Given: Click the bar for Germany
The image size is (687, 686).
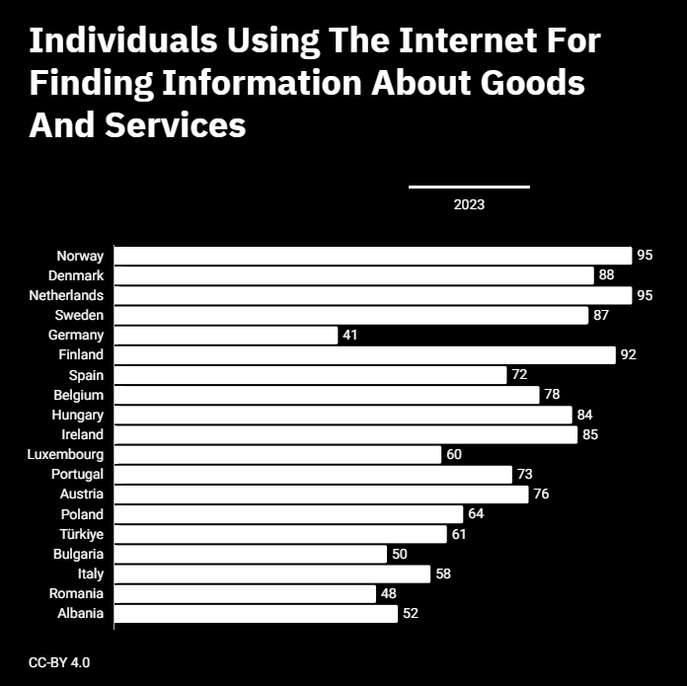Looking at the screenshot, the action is pyautogui.click(x=226, y=336).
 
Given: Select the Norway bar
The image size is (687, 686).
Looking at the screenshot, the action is pyautogui.click(x=373, y=256).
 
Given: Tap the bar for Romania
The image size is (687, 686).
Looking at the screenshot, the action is pyautogui.click(x=245, y=594).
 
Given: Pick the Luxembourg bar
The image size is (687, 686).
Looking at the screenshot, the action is pyautogui.click(x=277, y=455).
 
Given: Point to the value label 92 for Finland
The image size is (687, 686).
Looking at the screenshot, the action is pyautogui.click(x=629, y=354).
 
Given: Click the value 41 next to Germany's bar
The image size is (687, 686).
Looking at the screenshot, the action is pyautogui.click(x=350, y=335).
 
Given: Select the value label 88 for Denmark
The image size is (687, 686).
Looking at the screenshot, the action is pyautogui.click(x=606, y=274).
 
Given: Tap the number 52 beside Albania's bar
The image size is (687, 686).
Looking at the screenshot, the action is pyautogui.click(x=411, y=613).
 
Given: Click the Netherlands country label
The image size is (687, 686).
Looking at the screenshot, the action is pyautogui.click(x=66, y=295).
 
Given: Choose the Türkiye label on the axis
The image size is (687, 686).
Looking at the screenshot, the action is pyautogui.click(x=82, y=534).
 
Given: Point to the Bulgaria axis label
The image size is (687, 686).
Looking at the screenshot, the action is pyautogui.click(x=78, y=554).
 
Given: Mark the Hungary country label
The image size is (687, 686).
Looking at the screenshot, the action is pyautogui.click(x=78, y=415).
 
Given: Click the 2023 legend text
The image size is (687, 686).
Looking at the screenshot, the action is pyautogui.click(x=469, y=204).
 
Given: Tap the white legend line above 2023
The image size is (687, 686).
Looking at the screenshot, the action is pyautogui.click(x=469, y=188).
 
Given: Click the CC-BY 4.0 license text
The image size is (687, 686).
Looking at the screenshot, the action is pyautogui.click(x=59, y=662).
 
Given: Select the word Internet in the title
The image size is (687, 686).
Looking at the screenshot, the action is pyautogui.click(x=468, y=40).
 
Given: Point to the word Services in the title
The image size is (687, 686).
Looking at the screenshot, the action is pyautogui.click(x=176, y=124).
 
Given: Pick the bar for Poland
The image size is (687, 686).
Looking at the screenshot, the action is pyautogui.click(x=289, y=514).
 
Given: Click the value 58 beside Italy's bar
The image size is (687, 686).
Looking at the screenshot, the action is pyautogui.click(x=443, y=573).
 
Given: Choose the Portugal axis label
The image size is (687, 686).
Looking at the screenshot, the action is pyautogui.click(x=78, y=474).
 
